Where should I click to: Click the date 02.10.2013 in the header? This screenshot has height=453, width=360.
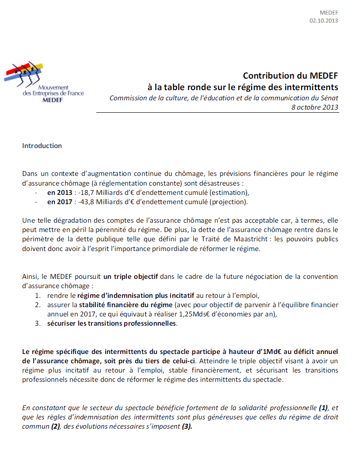click(324, 20)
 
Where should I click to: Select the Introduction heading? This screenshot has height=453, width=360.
click(42, 146)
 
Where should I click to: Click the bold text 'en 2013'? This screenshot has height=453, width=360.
click(59, 192)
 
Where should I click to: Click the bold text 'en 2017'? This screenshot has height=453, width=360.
click(59, 202)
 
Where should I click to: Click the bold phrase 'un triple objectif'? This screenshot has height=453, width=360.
click(130, 277)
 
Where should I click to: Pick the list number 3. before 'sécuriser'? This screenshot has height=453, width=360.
click(38, 324)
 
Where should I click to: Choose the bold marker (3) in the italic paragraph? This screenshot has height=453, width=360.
click(187, 427)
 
